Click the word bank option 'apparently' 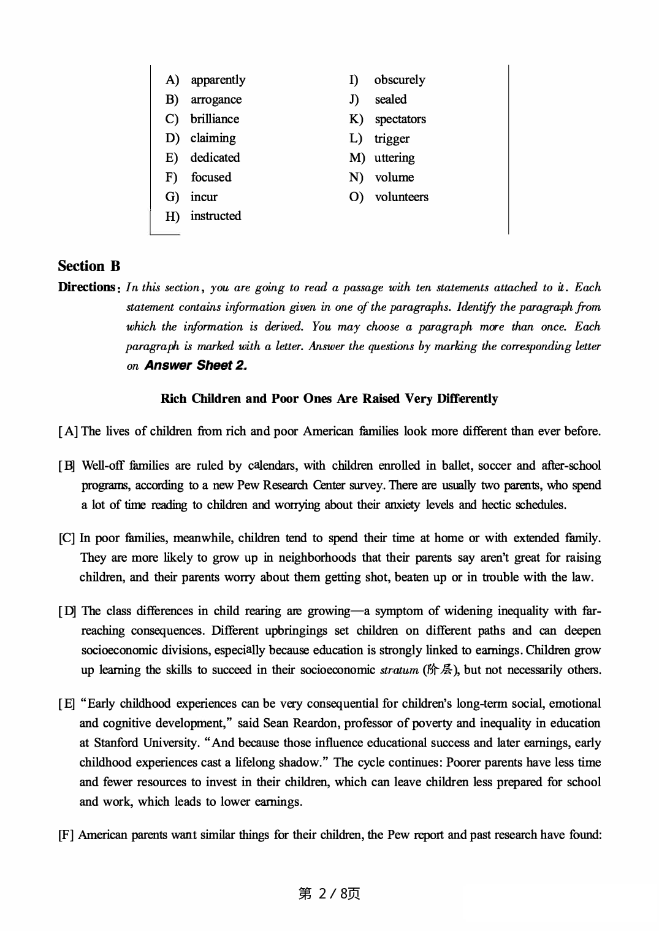pyautogui.click(x=218, y=80)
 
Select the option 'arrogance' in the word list pyautogui.click(x=216, y=99)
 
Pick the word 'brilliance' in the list pyautogui.click(x=215, y=119)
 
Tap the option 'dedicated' pyautogui.click(x=215, y=158)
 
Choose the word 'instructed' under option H pyautogui.click(x=215, y=216)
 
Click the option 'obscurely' pyautogui.click(x=399, y=80)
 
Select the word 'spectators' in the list pyautogui.click(x=400, y=119)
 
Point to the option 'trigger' pyautogui.click(x=392, y=139)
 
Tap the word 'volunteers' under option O pyautogui.click(x=401, y=197)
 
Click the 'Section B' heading pyautogui.click(x=89, y=266)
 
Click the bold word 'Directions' pyautogui.click(x=86, y=287)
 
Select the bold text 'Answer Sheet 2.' pyautogui.click(x=196, y=366)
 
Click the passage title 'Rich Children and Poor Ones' pyautogui.click(x=329, y=399)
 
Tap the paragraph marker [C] pyautogui.click(x=67, y=538)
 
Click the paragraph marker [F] pyautogui.click(x=66, y=835)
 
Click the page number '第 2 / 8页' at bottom pyautogui.click(x=329, y=894)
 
